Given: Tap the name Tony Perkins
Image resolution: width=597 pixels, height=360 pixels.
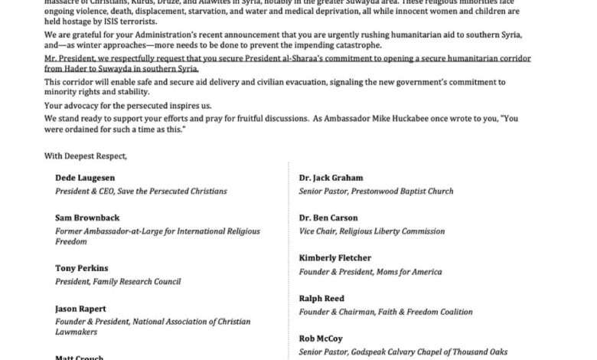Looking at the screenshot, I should pyautogui.click(x=80, y=267).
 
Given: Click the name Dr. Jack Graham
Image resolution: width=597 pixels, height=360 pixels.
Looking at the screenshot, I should pyautogui.click(x=332, y=177).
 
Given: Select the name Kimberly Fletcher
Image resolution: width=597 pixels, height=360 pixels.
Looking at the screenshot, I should pyautogui.click(x=336, y=258).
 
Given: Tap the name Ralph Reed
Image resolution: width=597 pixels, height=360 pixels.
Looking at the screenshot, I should pyautogui.click(x=321, y=298).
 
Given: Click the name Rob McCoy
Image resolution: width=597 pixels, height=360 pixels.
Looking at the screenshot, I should pyautogui.click(x=320, y=338).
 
